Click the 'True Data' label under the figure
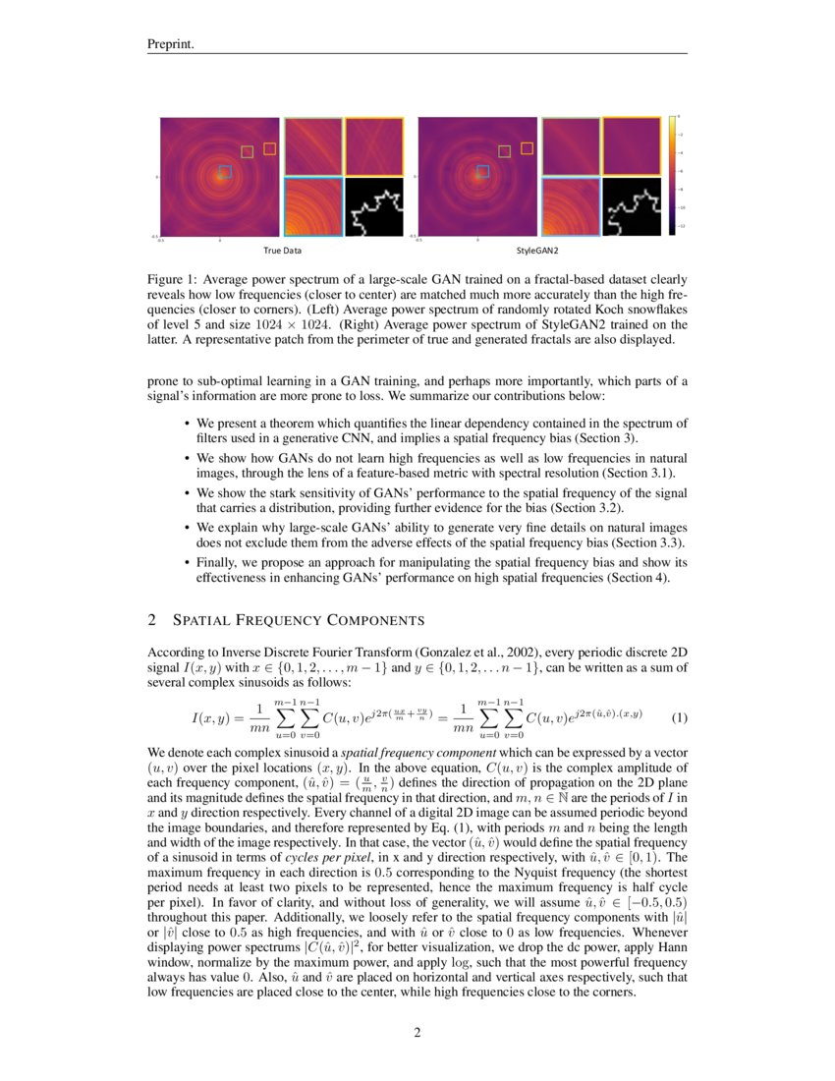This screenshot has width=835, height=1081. coord(282,251)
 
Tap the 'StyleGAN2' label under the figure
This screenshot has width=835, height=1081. coord(536,251)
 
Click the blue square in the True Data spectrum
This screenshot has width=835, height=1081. coord(224,171)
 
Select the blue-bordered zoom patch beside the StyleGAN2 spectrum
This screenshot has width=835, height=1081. coord(571,206)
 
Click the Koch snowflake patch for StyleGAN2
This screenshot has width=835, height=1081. coord(632,206)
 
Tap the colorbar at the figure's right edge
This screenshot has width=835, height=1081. coord(672,176)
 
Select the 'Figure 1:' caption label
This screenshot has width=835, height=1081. coord(173,280)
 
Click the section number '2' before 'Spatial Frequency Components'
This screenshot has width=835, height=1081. coord(151,620)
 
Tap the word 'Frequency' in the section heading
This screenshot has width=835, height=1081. coord(278,620)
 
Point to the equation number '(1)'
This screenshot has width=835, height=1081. coord(679,717)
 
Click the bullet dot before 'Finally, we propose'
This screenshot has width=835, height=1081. coord(187,562)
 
